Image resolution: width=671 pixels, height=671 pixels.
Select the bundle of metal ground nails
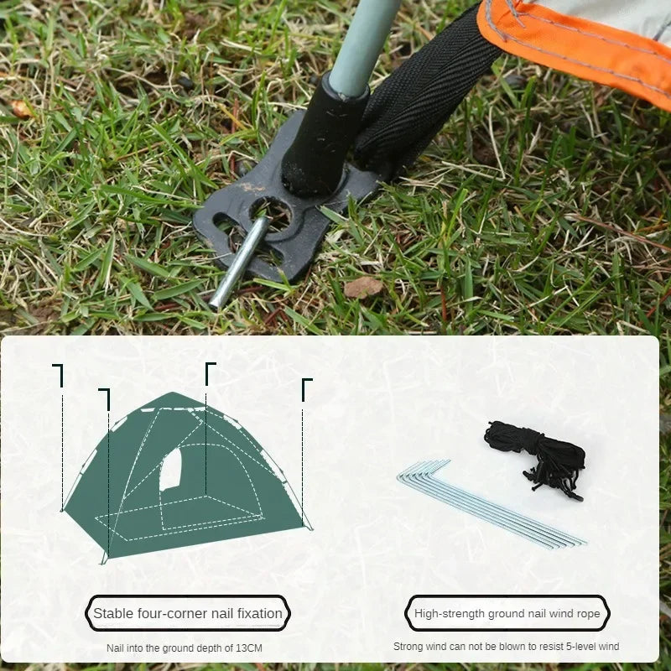point(495,507)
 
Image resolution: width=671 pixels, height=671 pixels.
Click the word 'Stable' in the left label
point(112,613)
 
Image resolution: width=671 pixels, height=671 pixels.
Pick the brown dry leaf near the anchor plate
point(363,287)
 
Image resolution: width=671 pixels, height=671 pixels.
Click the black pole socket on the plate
point(323,138)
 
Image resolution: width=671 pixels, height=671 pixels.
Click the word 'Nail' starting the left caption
point(116,648)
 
